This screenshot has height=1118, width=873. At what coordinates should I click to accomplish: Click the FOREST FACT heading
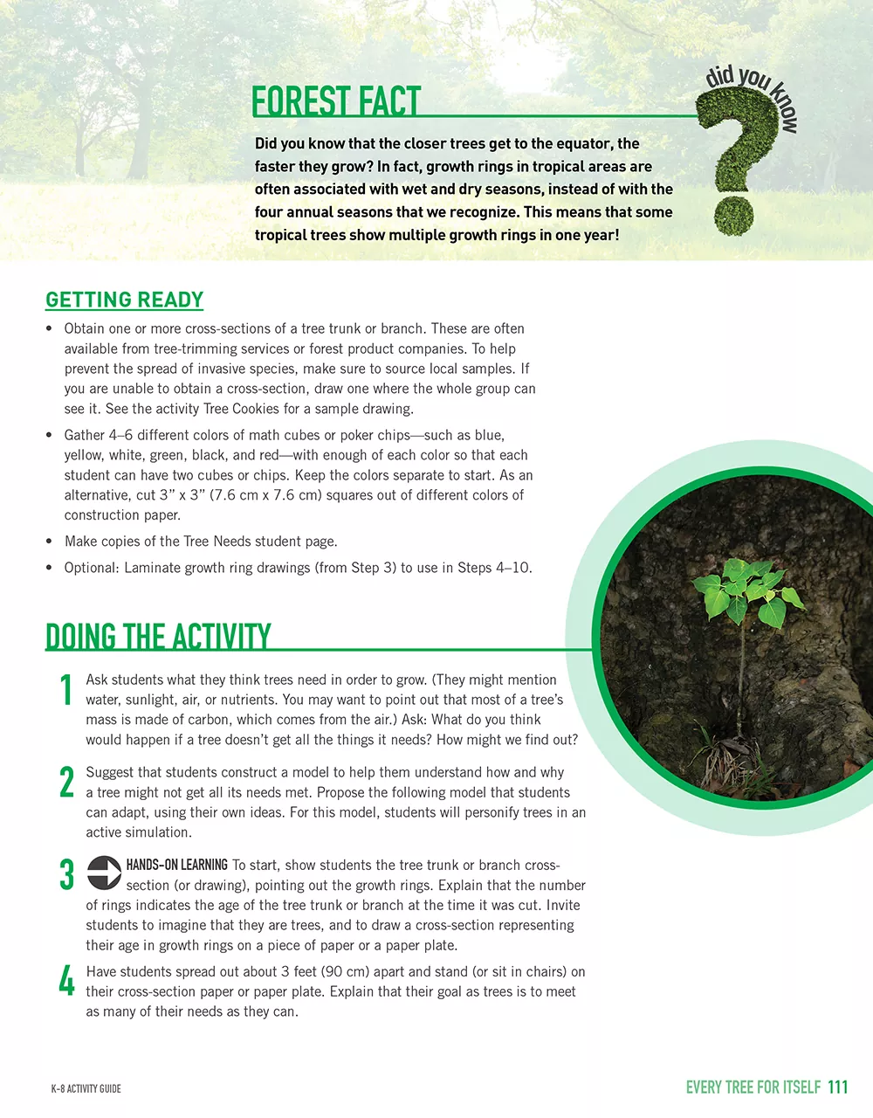click(336, 101)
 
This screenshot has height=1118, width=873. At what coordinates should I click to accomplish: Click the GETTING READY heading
click(124, 300)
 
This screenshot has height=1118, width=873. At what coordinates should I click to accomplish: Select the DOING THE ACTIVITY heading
click(158, 636)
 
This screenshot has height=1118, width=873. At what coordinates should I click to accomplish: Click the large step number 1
click(65, 690)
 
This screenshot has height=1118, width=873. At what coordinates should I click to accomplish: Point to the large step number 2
click(66, 783)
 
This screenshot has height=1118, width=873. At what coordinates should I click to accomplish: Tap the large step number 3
click(66, 874)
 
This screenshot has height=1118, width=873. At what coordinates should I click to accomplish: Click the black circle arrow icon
click(104, 873)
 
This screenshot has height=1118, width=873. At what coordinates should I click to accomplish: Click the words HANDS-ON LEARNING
click(177, 865)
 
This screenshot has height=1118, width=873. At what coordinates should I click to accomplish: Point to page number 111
click(837, 1087)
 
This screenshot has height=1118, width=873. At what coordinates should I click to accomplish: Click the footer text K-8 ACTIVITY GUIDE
click(86, 1088)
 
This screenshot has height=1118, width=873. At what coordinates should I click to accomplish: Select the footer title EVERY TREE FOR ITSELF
click(753, 1087)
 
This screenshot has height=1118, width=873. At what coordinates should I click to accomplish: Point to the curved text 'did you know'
click(752, 92)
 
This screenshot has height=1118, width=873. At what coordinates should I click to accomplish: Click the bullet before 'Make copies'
click(49, 542)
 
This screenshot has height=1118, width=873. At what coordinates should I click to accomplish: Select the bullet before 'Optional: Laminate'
click(49, 568)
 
